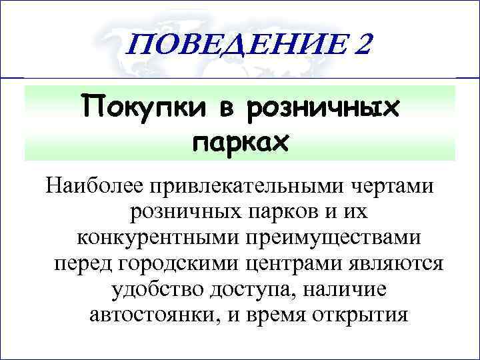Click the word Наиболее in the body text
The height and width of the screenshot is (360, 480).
pyautogui.click(x=95, y=186)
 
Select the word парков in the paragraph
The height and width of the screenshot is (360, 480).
pyautogui.click(x=286, y=213)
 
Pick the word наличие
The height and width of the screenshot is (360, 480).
pyautogui.click(x=347, y=289)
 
